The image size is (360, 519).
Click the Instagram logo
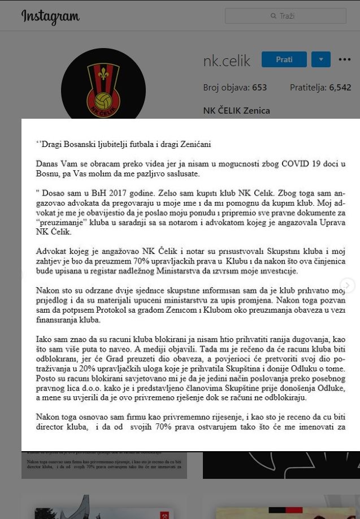pos(50,17)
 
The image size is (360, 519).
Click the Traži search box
pos(285,16)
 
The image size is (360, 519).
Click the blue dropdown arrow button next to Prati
pos(321,59)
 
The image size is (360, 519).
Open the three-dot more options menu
pos(345,59)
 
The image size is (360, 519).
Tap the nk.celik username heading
pos(227,61)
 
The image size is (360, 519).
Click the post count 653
pos(259,88)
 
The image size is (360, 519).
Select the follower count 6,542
pos(340,88)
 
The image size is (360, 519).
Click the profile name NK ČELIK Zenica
pos(236,110)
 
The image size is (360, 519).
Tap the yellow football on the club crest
pos(103,101)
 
